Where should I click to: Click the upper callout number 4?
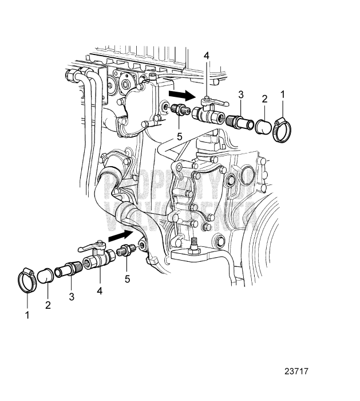click(207, 56)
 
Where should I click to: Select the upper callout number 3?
click(242, 93)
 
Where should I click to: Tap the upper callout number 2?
click(264, 99)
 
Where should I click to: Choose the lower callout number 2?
click(48, 305)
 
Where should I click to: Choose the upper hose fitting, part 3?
click(238, 122)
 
